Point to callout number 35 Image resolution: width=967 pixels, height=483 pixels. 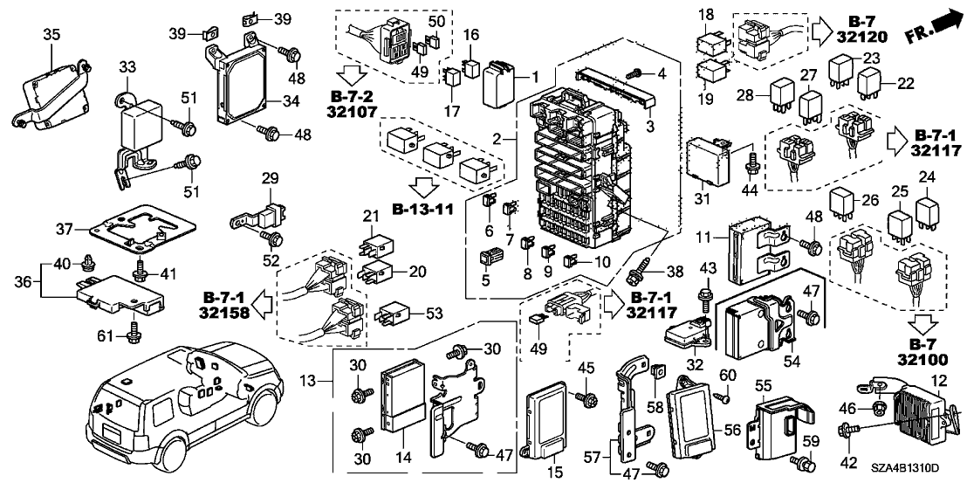[51, 34]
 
